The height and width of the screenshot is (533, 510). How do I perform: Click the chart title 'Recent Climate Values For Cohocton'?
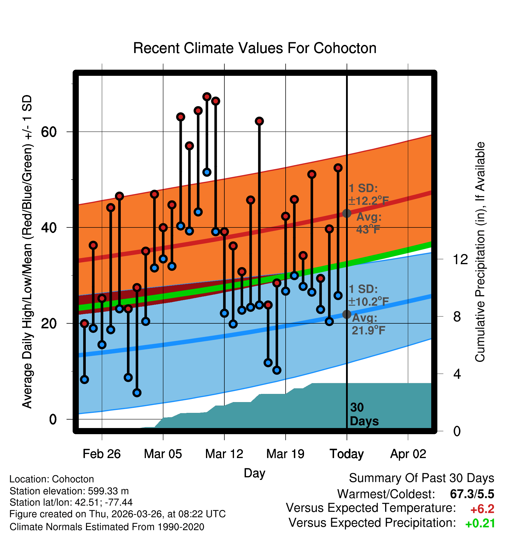click(x=255, y=48)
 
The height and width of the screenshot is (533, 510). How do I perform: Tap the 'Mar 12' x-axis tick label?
click(x=224, y=454)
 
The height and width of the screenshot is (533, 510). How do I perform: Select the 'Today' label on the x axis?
click(x=347, y=454)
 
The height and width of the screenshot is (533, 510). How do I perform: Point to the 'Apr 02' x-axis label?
click(x=408, y=454)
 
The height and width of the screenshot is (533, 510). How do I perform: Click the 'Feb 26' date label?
click(x=102, y=454)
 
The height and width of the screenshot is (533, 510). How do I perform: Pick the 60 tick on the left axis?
click(x=48, y=132)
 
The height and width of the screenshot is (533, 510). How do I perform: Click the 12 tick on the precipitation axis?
click(x=460, y=259)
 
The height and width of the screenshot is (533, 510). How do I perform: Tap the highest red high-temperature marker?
click(x=207, y=97)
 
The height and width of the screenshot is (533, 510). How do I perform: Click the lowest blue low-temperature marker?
click(x=137, y=393)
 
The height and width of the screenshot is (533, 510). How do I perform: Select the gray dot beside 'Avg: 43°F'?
click(x=347, y=213)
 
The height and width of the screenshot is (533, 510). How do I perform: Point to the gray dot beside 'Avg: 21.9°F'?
click(x=347, y=314)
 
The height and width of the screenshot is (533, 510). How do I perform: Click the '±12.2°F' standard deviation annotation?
click(x=369, y=201)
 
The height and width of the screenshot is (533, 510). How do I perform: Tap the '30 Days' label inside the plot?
click(x=364, y=414)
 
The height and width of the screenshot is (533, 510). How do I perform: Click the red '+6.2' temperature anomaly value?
click(x=482, y=509)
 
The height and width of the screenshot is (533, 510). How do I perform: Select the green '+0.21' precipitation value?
click(x=480, y=523)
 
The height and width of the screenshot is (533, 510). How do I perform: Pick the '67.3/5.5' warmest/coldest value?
click(x=472, y=494)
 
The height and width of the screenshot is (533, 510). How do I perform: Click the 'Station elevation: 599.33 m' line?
click(x=69, y=491)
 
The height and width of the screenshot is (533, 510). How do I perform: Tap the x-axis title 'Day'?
click(x=254, y=474)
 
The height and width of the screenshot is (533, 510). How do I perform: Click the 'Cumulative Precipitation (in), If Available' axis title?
click(x=480, y=252)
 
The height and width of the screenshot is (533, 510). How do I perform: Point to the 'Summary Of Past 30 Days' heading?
click(x=422, y=478)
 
